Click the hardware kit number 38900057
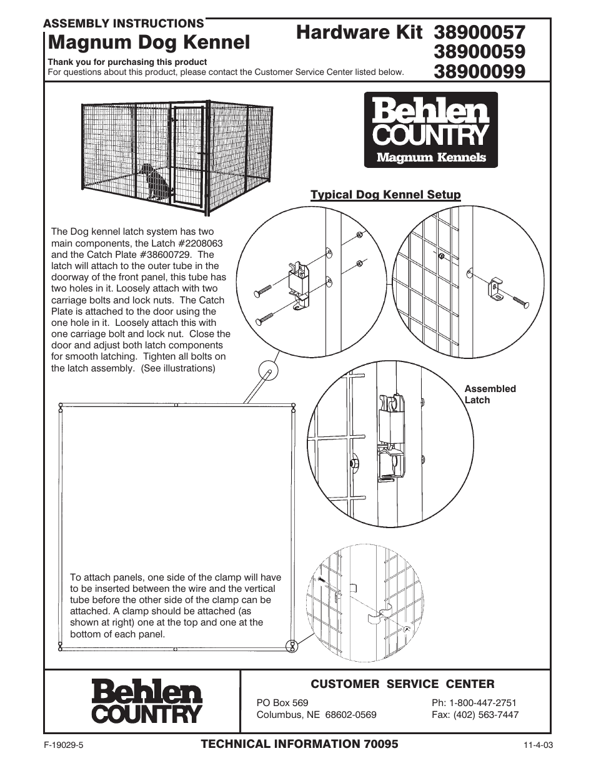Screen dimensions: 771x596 click(x=479, y=32)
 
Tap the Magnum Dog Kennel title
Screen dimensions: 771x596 click(x=149, y=42)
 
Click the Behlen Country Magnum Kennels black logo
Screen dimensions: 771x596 click(x=431, y=130)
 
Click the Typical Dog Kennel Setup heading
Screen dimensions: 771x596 click(x=385, y=195)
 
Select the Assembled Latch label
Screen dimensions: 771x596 click(x=490, y=394)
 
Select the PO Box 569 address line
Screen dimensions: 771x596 click(x=282, y=702)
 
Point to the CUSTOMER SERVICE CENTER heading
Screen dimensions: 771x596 click(x=402, y=684)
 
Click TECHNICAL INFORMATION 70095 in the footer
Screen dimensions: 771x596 click(x=299, y=744)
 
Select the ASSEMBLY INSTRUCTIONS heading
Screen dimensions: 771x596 click(x=123, y=24)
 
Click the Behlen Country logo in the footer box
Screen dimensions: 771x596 click(x=147, y=702)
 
